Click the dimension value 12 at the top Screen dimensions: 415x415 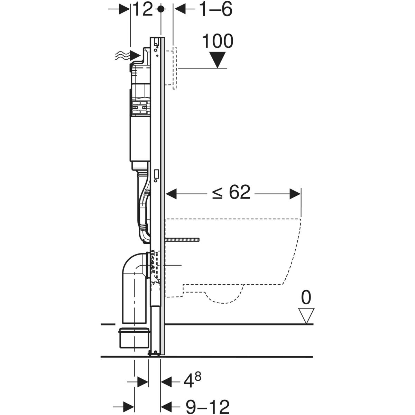[142, 9]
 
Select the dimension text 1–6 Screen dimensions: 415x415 [215, 9]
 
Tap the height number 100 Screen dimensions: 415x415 [218, 41]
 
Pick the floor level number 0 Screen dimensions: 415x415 [306, 297]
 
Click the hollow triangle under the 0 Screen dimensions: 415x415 [306, 315]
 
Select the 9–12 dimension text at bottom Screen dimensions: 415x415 [207, 407]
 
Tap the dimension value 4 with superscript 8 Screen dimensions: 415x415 [191, 381]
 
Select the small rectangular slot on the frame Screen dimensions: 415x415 [157, 173]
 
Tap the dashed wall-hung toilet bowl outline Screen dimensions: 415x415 [242, 256]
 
